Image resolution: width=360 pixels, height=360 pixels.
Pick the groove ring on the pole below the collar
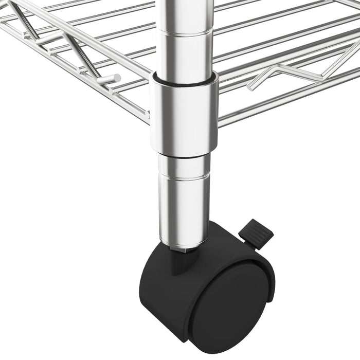coord(184,175)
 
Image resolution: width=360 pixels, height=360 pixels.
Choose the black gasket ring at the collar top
coord(184,81)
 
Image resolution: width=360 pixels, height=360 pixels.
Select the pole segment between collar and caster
coord(184,206)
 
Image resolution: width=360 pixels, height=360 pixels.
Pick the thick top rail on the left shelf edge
coord(77,36)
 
